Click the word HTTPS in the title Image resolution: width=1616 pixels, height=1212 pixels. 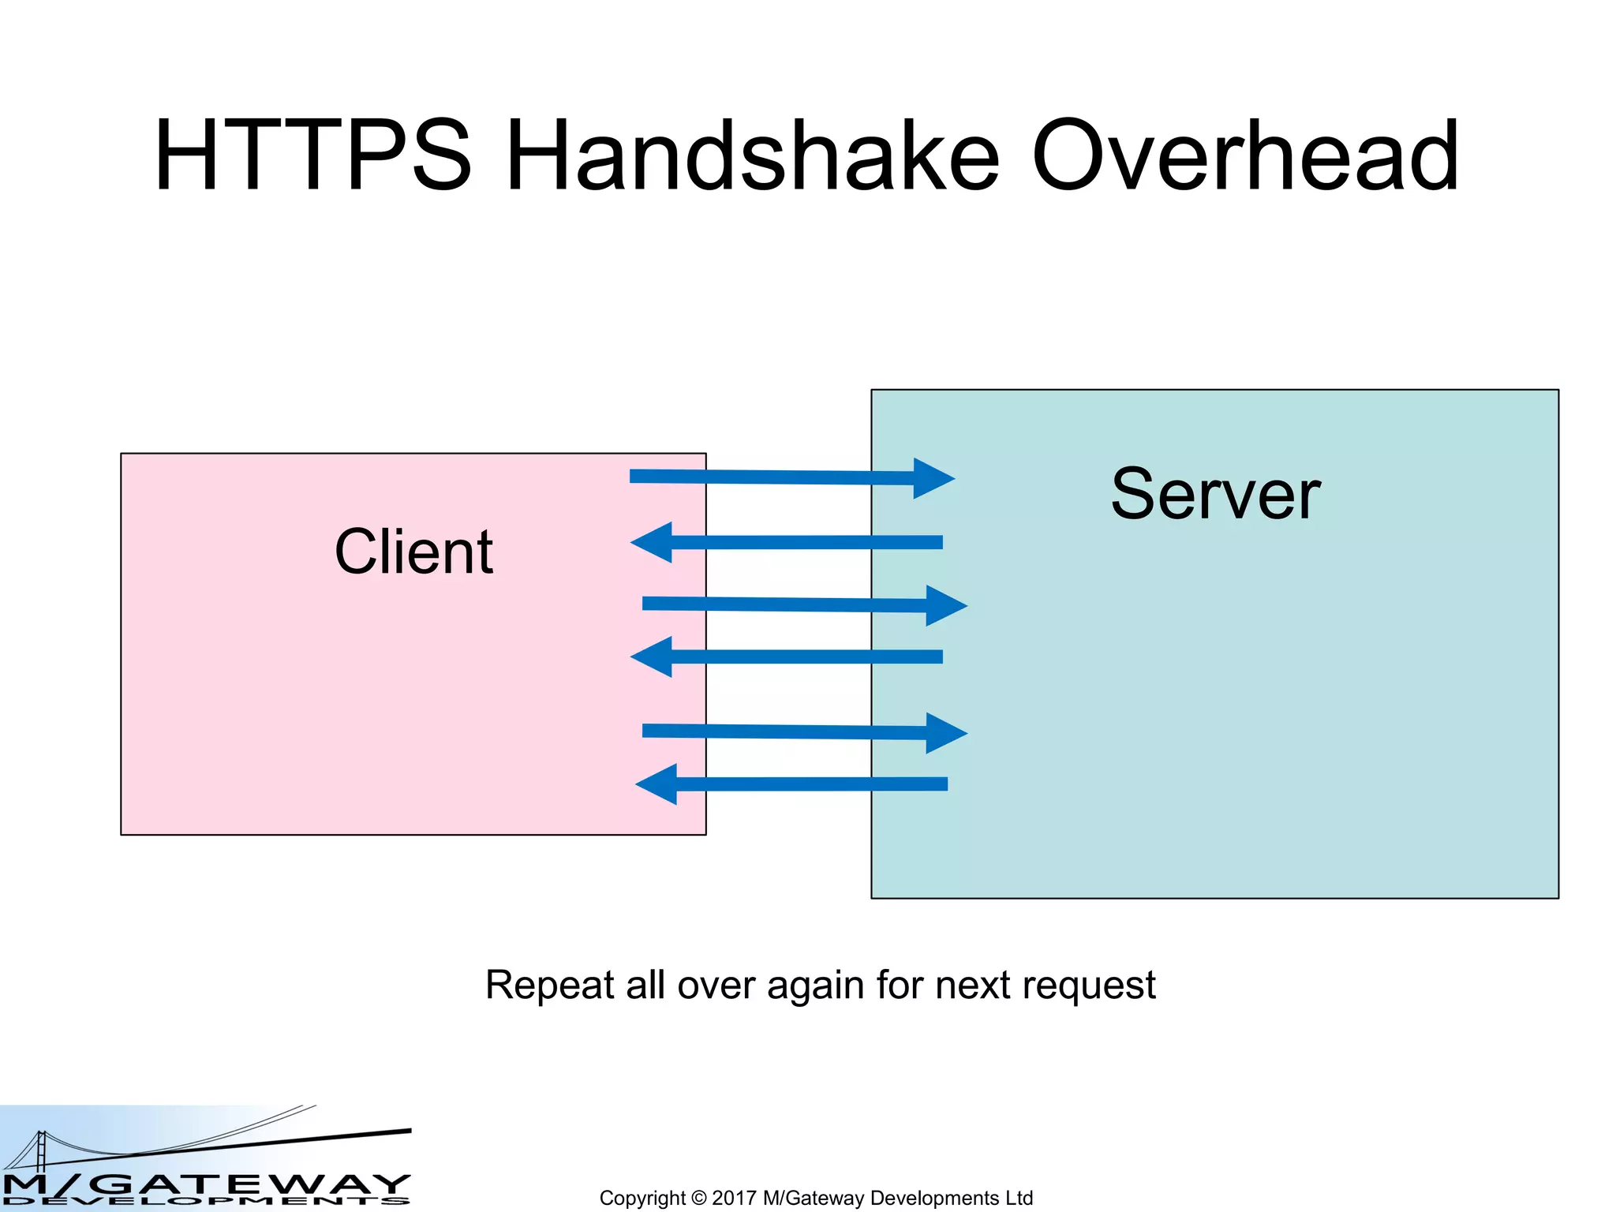pos(313,155)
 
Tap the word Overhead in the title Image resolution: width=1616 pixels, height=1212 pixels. pos(1245,155)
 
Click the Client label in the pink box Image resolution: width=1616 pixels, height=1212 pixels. pos(413,552)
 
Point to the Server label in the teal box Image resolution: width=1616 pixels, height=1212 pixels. pos(1215,495)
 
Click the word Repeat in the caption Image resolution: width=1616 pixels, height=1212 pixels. pos(549,986)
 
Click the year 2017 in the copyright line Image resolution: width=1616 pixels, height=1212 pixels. pos(733,1198)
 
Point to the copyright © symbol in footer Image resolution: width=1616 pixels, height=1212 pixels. pos(698,1198)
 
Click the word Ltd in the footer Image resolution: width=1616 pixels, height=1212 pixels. pos(1019,1198)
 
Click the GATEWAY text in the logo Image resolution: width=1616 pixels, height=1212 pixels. pos(252,1184)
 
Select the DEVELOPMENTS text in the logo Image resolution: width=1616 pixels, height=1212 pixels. pos(205,1202)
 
